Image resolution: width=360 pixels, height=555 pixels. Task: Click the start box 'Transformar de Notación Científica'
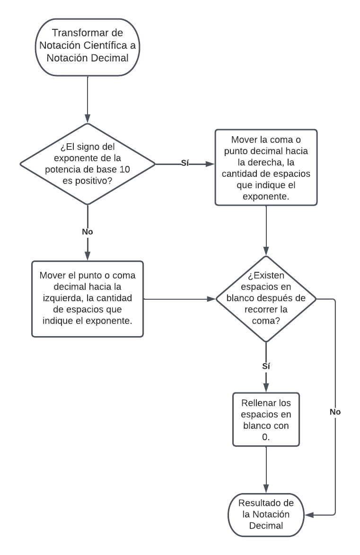(x=88, y=47)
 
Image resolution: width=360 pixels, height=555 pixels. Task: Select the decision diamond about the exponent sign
(x=88, y=164)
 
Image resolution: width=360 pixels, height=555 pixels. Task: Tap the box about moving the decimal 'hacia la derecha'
(x=266, y=167)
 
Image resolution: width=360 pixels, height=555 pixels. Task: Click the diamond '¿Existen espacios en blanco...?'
(x=266, y=299)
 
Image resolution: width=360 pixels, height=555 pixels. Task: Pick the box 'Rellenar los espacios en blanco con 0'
(x=266, y=419)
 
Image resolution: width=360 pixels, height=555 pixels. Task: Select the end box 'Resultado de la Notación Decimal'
(x=266, y=514)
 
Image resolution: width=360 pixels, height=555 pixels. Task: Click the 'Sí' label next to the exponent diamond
(x=185, y=164)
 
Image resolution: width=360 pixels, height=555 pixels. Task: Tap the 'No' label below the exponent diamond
(x=88, y=232)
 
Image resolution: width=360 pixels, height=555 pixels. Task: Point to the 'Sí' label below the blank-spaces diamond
(x=266, y=365)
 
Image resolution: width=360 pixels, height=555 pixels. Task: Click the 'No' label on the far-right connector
(x=335, y=412)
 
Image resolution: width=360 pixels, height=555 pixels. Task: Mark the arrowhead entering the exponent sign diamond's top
(x=88, y=119)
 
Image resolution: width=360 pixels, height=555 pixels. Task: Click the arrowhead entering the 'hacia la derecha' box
(x=211, y=164)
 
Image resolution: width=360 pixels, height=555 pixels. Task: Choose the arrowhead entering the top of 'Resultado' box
(x=266, y=489)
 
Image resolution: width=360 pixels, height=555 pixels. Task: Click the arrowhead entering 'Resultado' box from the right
(x=309, y=514)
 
